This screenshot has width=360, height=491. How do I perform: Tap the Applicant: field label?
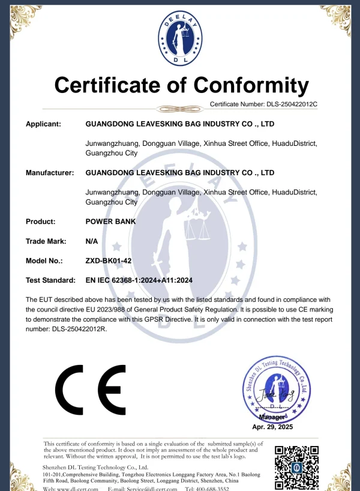pos(43,124)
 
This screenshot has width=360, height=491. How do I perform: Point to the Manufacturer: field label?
pos(49,173)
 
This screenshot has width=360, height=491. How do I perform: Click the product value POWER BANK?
pos(111,221)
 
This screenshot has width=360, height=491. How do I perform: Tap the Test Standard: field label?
pos(50,280)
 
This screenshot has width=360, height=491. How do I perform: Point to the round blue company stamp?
pos(275,390)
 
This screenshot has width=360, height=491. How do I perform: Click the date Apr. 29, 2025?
pos(272,426)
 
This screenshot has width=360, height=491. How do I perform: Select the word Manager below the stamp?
pos(272,417)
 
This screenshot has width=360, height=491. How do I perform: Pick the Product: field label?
pos(40,221)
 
